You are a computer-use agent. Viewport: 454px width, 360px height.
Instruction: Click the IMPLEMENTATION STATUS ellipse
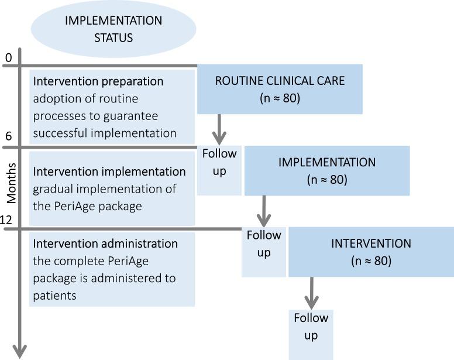(x=113, y=29)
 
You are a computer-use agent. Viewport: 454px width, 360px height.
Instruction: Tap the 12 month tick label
(x=8, y=219)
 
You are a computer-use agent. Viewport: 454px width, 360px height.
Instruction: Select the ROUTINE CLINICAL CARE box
(x=280, y=90)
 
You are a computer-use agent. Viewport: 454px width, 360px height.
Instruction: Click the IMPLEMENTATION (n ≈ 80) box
(x=327, y=171)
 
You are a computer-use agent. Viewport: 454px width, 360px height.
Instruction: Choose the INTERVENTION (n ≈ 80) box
(x=370, y=251)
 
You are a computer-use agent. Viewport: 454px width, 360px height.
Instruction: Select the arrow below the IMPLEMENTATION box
(x=264, y=211)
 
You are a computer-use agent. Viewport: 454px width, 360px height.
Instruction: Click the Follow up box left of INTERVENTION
(x=264, y=244)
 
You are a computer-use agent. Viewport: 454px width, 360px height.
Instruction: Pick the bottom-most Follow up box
(x=311, y=327)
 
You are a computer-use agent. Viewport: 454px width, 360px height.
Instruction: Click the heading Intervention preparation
(x=98, y=81)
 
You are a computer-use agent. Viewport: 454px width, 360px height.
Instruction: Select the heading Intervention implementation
(x=109, y=172)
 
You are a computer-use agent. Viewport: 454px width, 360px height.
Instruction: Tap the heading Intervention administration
(x=105, y=243)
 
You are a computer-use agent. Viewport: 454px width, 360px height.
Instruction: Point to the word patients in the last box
(x=55, y=296)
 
